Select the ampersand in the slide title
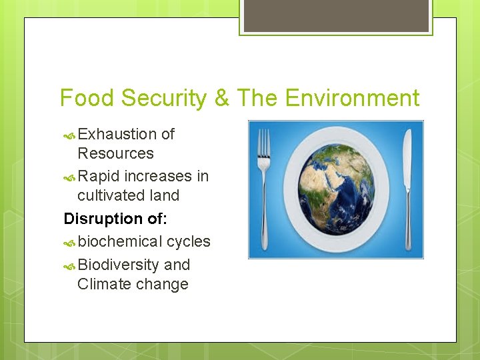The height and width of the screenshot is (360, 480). click(223, 99)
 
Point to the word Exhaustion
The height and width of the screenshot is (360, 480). click(117, 134)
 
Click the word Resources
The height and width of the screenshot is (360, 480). click(115, 153)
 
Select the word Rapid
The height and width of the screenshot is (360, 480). click(99, 176)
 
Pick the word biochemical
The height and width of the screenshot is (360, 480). click(120, 241)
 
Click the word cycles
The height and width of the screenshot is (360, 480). click(189, 241)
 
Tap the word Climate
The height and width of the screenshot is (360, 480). click(103, 284)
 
